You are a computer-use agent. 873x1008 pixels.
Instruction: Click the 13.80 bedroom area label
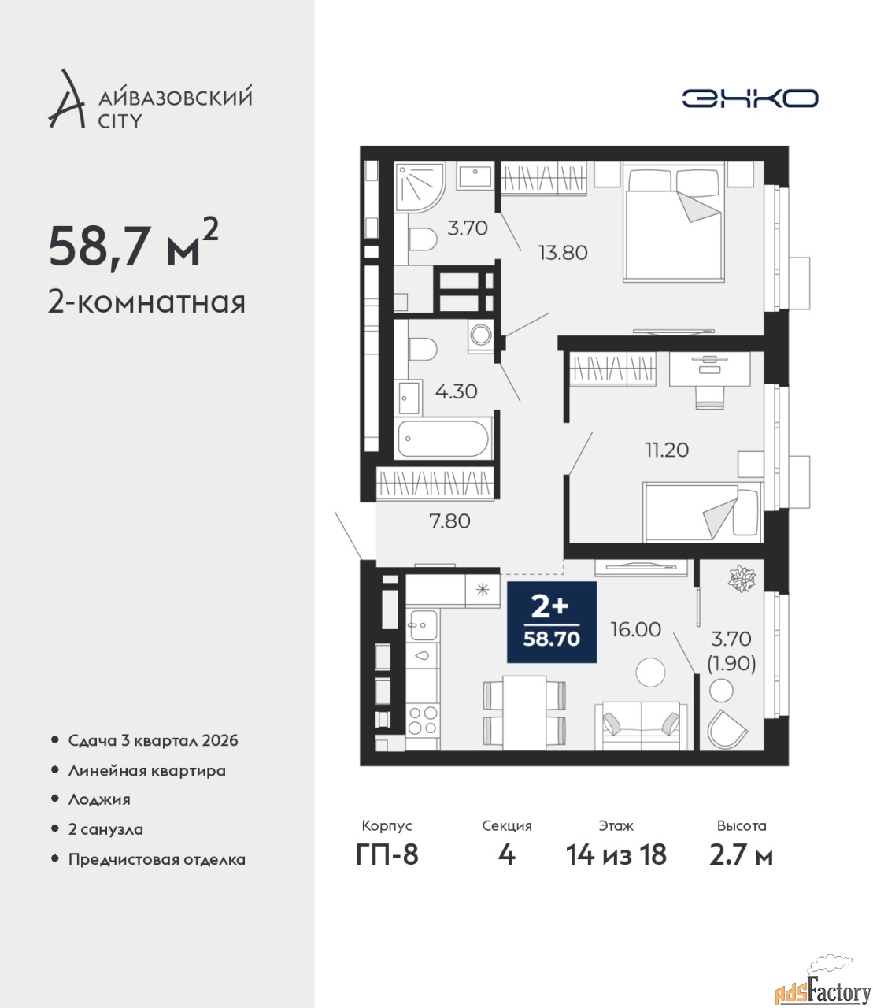563,253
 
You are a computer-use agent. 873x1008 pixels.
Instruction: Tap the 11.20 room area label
667,450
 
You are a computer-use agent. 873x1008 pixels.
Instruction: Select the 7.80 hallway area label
449,521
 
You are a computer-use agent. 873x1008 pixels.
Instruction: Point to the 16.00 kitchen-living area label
635,629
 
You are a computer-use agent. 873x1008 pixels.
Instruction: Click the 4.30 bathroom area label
456,391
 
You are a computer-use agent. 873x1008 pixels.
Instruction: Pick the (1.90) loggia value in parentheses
731,663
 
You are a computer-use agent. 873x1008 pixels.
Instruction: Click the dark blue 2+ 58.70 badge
552,622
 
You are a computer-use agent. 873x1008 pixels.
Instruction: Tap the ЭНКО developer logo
749,98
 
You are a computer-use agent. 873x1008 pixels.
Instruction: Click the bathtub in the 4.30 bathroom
443,439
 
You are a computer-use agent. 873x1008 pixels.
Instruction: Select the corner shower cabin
420,187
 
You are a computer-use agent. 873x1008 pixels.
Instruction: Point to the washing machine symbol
481,335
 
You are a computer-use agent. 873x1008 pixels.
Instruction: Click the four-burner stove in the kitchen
422,721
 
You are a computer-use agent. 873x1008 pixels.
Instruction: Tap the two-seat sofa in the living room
641,725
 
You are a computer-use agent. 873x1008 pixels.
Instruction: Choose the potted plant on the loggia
742,579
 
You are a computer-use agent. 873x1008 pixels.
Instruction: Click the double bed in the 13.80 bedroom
674,223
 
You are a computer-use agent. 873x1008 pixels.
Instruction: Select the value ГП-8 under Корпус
387,854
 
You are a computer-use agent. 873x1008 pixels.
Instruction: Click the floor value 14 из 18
616,854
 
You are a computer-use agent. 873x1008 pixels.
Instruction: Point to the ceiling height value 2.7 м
742,855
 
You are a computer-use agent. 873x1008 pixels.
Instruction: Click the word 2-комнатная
146,302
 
